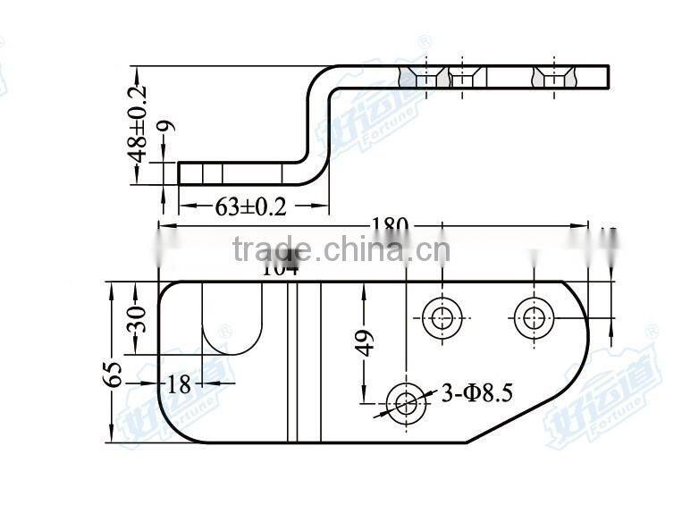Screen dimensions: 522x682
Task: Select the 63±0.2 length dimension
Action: coord(251,207)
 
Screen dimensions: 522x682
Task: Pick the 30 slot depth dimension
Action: coord(139,318)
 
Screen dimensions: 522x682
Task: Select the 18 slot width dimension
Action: coord(179,384)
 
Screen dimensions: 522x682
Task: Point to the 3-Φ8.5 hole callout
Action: coord(476,391)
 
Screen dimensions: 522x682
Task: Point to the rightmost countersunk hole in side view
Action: coord(553,78)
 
